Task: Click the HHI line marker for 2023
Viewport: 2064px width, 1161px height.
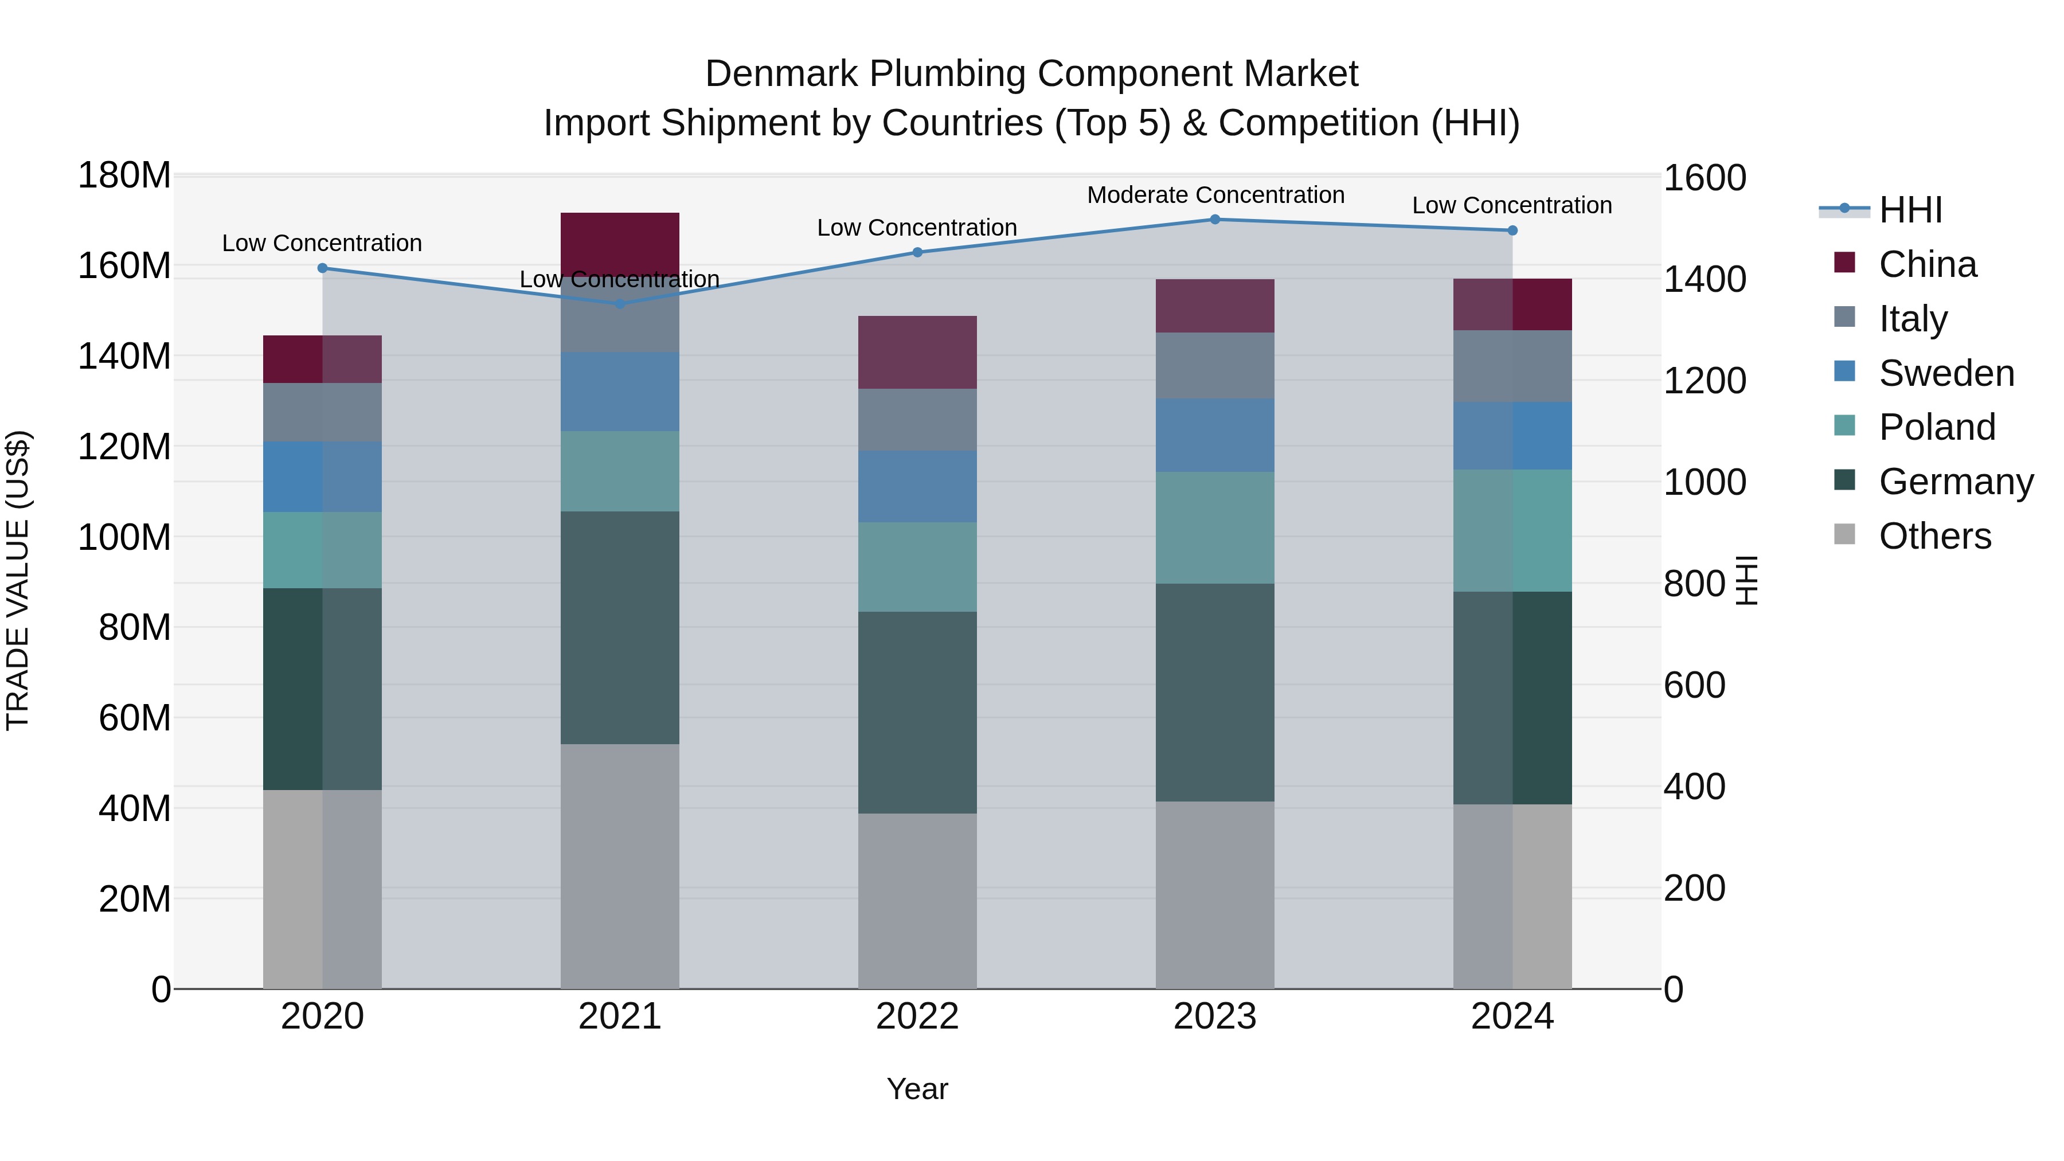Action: [1215, 220]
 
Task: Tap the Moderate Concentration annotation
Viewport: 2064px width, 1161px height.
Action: [1215, 196]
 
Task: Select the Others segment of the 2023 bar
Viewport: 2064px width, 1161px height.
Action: [1215, 894]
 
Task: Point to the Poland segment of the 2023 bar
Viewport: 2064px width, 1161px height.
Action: [1215, 527]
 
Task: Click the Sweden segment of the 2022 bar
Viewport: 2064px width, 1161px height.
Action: [917, 486]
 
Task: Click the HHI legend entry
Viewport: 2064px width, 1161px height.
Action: [1910, 210]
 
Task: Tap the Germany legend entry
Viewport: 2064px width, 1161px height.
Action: [1955, 482]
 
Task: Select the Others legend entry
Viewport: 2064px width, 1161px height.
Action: [1934, 536]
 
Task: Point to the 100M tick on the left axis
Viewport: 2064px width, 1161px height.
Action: [124, 537]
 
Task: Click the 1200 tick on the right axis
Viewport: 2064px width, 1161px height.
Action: [1705, 381]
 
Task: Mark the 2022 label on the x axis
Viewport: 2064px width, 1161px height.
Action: [917, 1017]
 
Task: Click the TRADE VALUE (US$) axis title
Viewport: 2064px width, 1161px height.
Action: [18, 580]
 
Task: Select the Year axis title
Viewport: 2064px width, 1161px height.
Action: [917, 1089]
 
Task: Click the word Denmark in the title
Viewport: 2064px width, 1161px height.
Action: [782, 74]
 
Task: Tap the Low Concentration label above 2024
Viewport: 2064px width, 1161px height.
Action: [1511, 206]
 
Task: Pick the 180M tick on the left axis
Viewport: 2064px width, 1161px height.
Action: [124, 175]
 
